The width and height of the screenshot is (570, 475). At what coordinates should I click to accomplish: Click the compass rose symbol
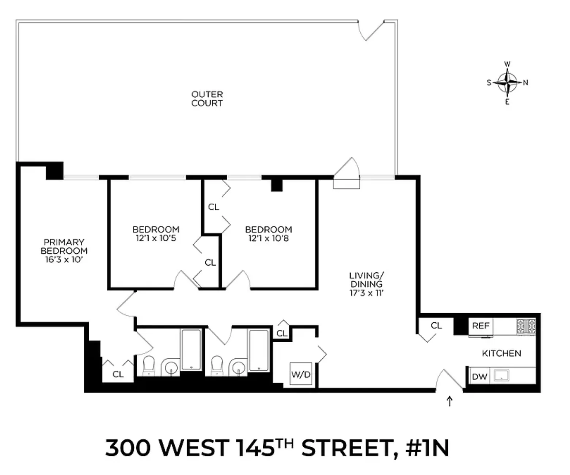coord(507,83)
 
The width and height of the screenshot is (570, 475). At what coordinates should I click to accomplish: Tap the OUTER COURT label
coord(207,99)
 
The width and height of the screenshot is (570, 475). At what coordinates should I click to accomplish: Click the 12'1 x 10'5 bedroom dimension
coord(156,239)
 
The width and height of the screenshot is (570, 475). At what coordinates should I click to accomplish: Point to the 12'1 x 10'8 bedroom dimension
coord(269,239)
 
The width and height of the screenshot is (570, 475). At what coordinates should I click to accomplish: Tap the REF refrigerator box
coord(480,326)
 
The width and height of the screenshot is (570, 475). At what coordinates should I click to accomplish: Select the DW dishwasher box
coord(479,376)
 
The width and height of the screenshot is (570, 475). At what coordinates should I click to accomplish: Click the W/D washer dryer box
coord(301,374)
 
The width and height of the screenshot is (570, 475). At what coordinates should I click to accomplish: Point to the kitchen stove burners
coord(526,326)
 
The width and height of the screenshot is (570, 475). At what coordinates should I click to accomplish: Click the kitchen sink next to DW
coord(502,375)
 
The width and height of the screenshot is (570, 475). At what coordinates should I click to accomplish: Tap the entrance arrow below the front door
coord(449,401)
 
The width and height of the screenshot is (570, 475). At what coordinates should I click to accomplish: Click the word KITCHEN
coord(501,354)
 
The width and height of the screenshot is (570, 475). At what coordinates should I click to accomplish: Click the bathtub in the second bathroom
coord(259,350)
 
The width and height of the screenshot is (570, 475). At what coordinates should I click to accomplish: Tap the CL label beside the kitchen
coord(436,325)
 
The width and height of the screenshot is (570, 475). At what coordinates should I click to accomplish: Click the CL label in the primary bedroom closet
coord(118,374)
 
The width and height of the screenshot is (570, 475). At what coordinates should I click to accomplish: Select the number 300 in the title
coord(128,448)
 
